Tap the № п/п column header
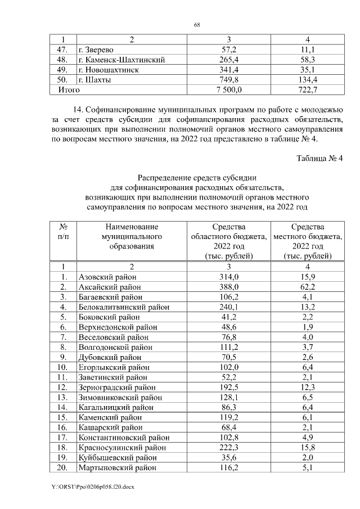64,232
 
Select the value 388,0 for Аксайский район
229,287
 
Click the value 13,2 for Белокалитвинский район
308,307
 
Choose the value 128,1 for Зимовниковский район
229,397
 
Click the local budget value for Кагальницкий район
308,407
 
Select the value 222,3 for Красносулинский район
229,448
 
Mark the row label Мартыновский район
114,467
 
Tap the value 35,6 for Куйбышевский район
229,457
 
